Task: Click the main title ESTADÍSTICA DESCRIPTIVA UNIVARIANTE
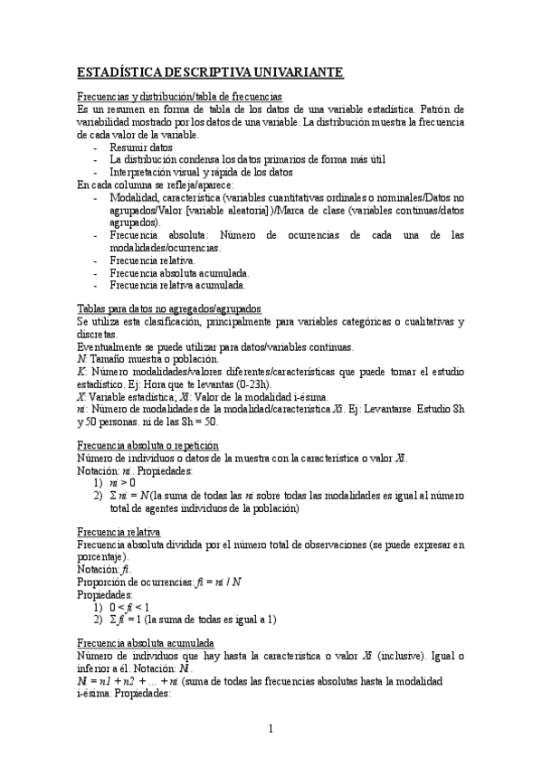210,72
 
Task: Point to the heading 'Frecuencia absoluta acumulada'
152,641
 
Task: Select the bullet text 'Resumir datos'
141,147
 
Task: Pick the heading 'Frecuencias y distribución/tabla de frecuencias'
179,97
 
